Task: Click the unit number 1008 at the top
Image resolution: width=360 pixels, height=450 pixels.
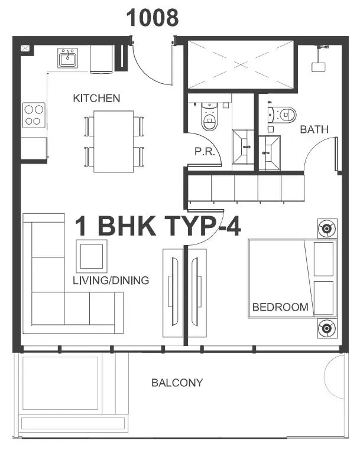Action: (x=153, y=18)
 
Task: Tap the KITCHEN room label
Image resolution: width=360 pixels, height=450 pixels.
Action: (x=96, y=99)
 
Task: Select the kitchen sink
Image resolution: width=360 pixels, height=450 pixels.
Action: (x=67, y=58)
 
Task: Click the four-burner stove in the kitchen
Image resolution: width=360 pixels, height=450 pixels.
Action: (x=34, y=115)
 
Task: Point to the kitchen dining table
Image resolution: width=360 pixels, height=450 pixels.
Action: (x=113, y=142)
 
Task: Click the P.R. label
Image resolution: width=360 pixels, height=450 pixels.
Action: (x=205, y=151)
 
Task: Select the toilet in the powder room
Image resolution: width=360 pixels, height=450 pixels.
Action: (x=209, y=116)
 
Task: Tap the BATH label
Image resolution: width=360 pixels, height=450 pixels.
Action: (x=314, y=130)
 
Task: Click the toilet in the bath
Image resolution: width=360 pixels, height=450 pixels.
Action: (x=282, y=115)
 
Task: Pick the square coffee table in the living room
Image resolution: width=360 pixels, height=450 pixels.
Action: (x=92, y=256)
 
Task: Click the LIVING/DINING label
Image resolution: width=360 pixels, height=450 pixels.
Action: (x=111, y=281)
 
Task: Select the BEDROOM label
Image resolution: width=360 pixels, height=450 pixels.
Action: (x=280, y=307)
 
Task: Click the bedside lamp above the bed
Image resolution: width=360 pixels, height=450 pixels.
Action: (x=327, y=229)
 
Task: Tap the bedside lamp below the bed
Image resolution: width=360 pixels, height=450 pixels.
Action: (x=327, y=328)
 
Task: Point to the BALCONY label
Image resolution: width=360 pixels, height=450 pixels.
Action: (x=177, y=383)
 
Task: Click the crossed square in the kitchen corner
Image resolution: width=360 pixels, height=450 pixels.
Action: (x=25, y=48)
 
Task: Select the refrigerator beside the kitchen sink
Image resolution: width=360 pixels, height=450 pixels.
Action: (x=102, y=59)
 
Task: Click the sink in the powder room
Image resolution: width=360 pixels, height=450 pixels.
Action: (x=243, y=146)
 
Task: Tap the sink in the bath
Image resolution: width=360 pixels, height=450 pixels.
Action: (x=270, y=153)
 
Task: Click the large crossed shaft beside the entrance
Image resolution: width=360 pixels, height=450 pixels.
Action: (x=241, y=64)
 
